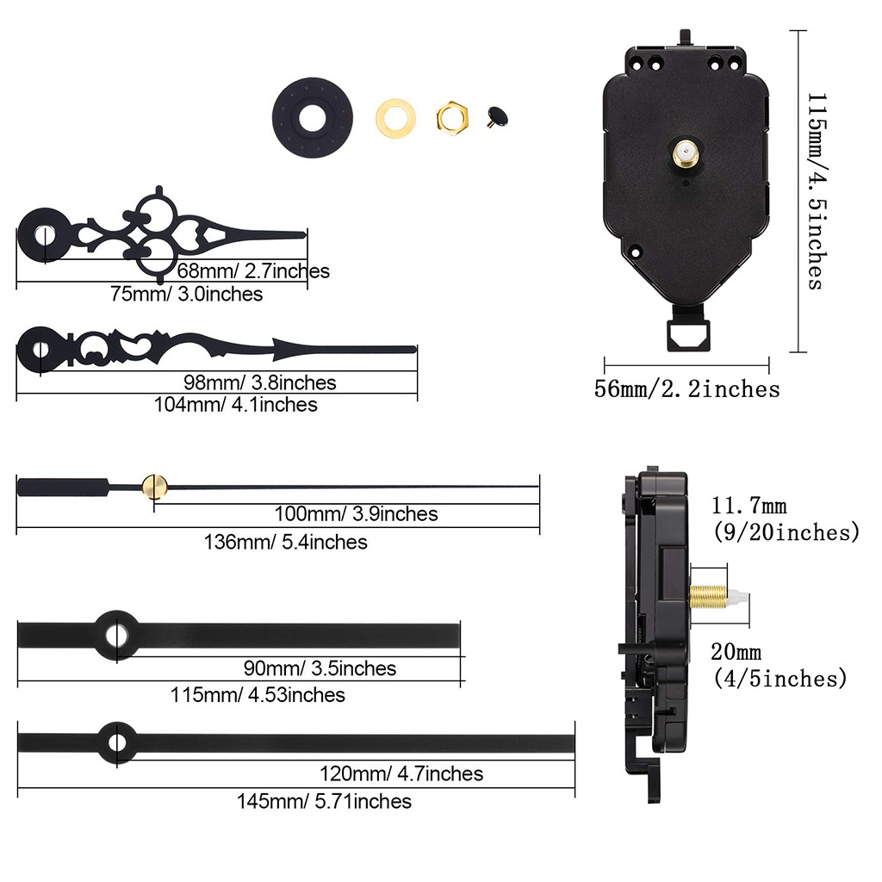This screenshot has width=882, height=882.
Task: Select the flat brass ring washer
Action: tap(395, 115)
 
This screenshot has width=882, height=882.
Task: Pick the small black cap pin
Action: tap(495, 115)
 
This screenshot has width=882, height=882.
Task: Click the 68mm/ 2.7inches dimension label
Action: tap(253, 271)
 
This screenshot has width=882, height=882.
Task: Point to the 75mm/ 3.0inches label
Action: tap(187, 294)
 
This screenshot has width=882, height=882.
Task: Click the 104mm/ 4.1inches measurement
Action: tap(236, 404)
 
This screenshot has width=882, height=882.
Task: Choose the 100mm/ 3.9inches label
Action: tap(356, 514)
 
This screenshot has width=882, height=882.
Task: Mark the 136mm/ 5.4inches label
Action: tap(285, 542)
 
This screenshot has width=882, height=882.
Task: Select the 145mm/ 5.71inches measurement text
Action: tap(325, 801)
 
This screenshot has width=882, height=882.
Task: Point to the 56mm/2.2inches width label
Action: tap(686, 389)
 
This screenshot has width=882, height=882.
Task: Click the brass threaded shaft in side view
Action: tap(711, 595)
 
